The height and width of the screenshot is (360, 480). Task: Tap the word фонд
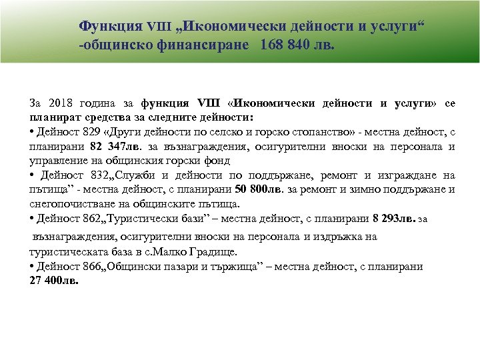217,160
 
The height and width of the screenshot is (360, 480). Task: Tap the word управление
59,160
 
